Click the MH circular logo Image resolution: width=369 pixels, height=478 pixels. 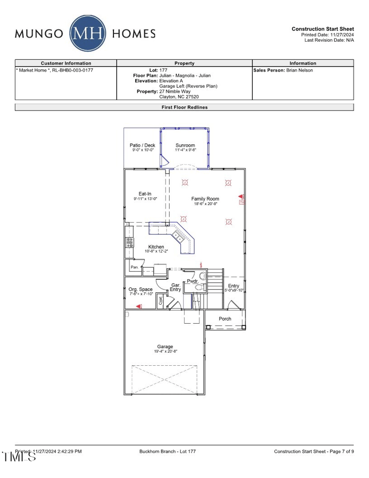88,33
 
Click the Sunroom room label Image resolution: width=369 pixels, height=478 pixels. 185,145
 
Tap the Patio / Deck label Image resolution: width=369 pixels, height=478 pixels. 142,145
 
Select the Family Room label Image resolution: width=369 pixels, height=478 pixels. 205,199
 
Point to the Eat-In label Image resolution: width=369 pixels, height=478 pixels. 145,194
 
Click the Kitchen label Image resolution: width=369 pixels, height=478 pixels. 156,247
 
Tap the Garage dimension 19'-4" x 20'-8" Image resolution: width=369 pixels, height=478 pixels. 165,351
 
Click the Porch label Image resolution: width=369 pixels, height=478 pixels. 225,319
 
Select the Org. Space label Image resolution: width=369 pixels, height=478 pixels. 140,290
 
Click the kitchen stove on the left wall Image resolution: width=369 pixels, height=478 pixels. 130,242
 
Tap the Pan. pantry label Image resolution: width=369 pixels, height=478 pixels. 135,267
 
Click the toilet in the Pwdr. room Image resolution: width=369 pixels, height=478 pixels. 199,287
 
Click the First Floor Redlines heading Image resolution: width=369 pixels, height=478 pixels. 184,107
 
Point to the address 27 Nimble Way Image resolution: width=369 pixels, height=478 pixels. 175,91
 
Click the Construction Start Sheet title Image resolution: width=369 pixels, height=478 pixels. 323,29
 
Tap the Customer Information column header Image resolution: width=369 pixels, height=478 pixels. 66,63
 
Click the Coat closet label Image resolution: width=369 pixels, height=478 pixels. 161,301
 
